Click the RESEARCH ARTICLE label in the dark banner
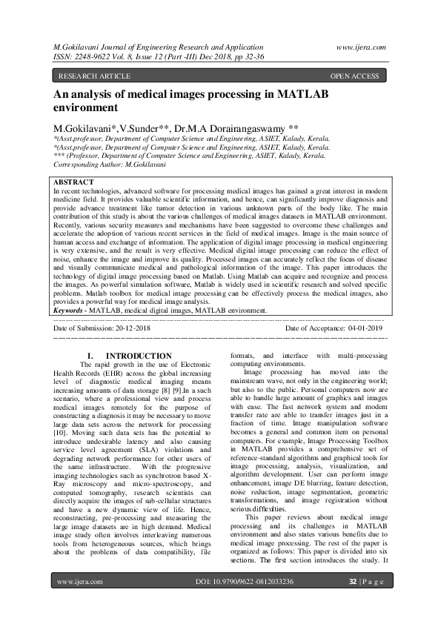click(94, 76)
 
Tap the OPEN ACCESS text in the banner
click(354, 76)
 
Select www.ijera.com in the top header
click(361, 46)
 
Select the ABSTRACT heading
click(74, 182)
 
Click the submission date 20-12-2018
click(130, 327)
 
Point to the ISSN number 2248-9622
click(96, 56)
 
